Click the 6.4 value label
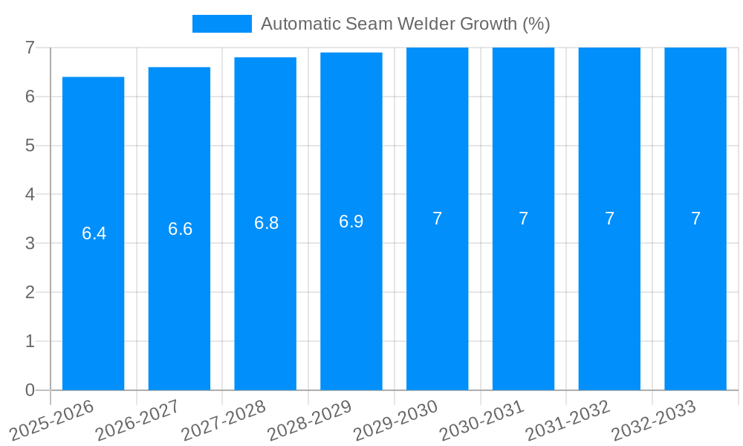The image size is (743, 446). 94,233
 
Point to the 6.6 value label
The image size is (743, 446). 180,229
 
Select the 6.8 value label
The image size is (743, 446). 266,223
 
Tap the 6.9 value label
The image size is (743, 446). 351,222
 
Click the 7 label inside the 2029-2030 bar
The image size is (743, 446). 437,219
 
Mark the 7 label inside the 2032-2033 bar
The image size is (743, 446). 695,219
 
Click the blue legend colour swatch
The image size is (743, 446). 221,24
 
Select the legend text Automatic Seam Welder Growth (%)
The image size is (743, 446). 405,24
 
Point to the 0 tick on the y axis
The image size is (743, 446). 30,390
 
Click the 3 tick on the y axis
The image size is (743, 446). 30,243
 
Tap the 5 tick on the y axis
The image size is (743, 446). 30,146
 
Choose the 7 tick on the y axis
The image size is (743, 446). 30,48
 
